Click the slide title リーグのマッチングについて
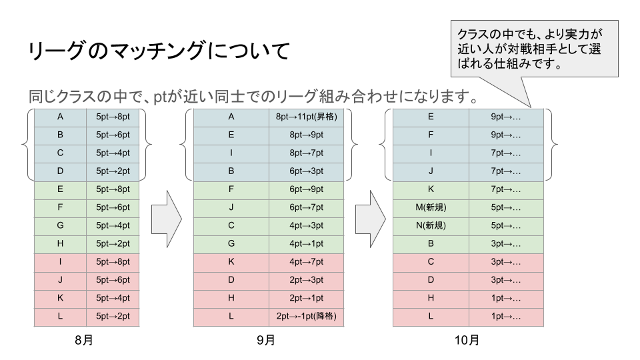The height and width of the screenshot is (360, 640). [x=159, y=51]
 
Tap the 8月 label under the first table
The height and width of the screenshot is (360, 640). [x=84, y=340]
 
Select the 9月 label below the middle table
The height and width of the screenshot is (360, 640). [x=266, y=340]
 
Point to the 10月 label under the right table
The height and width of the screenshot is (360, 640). [x=467, y=340]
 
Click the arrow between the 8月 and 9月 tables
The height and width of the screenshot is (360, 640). [x=166, y=219]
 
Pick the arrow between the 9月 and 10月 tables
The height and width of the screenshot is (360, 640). [x=370, y=219]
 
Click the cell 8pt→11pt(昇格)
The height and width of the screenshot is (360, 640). [x=307, y=117]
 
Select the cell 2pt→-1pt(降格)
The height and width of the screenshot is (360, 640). [x=307, y=316]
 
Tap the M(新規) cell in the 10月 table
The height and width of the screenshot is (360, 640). [x=431, y=207]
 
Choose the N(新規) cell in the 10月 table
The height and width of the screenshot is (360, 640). [x=431, y=225]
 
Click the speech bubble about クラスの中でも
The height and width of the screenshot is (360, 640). [x=534, y=49]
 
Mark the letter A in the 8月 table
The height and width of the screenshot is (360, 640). [x=60, y=117]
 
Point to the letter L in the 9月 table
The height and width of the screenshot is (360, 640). [x=231, y=316]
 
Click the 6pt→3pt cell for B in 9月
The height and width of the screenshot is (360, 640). [x=307, y=171]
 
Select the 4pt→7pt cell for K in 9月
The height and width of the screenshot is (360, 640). [x=307, y=261]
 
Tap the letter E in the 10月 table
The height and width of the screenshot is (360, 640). [x=431, y=117]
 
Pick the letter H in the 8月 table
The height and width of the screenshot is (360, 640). [x=60, y=244]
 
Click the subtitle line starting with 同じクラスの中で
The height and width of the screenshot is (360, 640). [x=253, y=96]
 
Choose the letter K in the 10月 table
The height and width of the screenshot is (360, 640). [x=431, y=189]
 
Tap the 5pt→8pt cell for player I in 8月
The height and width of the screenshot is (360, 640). [x=113, y=261]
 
